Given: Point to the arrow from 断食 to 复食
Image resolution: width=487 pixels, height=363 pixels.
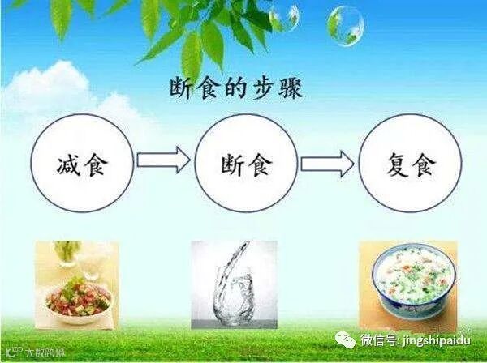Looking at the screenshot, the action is tap(327, 164).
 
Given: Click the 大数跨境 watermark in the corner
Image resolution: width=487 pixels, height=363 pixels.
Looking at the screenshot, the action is tap(32, 353).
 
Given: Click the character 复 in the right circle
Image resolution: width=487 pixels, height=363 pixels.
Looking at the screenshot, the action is tap(390, 166).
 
